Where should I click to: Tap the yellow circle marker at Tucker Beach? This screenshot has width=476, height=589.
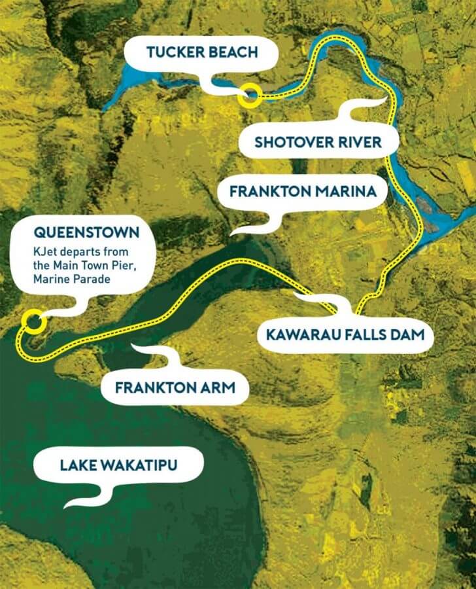pos(249,96)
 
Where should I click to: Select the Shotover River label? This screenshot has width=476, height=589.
pos(318,142)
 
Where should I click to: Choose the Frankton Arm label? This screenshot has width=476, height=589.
pos(174,387)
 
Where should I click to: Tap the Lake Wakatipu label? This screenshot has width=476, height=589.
pos(119,465)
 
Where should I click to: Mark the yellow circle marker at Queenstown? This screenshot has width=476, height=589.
pos(32,321)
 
